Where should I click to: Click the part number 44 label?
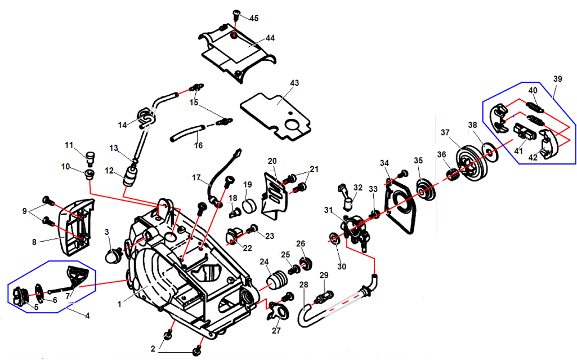[270, 38]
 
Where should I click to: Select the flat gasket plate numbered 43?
[276, 113]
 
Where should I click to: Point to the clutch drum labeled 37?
[469, 160]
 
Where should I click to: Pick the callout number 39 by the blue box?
[557, 79]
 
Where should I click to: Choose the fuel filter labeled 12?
[130, 179]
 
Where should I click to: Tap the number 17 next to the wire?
[196, 178]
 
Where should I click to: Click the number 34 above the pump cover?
[384, 163]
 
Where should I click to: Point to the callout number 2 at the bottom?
[153, 349]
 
